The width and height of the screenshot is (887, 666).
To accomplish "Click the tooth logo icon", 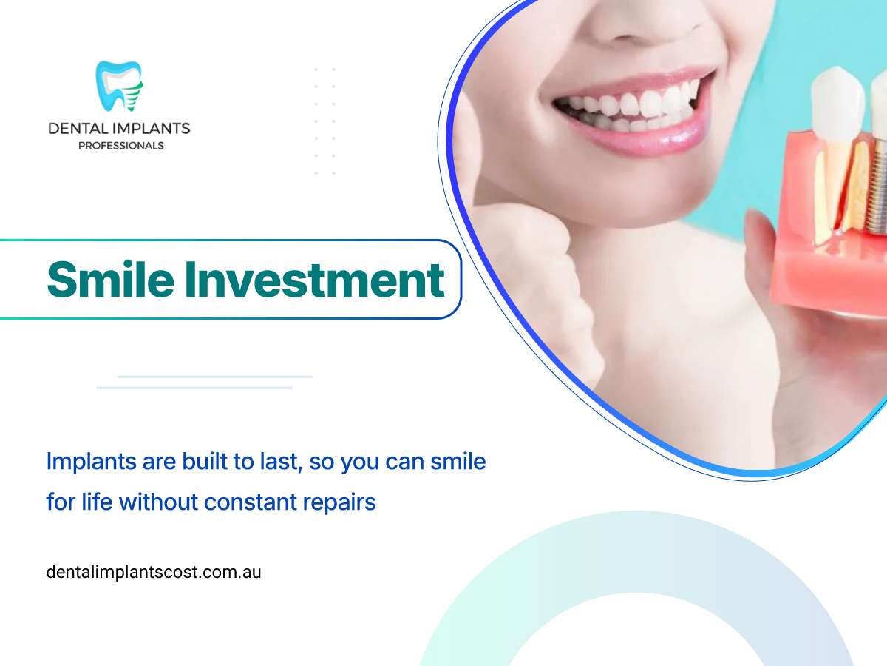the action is pyautogui.click(x=119, y=86).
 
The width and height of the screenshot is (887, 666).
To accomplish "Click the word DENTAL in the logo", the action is pyautogui.click(x=76, y=129).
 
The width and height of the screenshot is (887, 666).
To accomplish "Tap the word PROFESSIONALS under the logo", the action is pyautogui.click(x=120, y=146).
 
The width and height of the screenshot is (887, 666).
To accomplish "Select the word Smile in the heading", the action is pyautogui.click(x=110, y=280).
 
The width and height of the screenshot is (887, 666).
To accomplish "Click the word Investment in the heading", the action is pyautogui.click(x=315, y=280).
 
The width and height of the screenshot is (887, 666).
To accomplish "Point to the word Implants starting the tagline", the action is pyautogui.click(x=91, y=462).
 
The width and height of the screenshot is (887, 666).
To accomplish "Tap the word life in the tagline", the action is pyautogui.click(x=97, y=502).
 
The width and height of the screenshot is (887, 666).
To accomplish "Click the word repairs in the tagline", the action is pyautogui.click(x=339, y=503).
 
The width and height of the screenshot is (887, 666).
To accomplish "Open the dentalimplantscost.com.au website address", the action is pyautogui.click(x=154, y=572).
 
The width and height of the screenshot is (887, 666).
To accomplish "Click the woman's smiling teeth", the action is pyautogui.click(x=626, y=106).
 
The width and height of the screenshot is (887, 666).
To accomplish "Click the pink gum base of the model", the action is pyautogui.click(x=829, y=275).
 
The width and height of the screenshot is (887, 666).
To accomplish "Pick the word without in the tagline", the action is pyautogui.click(x=158, y=502).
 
